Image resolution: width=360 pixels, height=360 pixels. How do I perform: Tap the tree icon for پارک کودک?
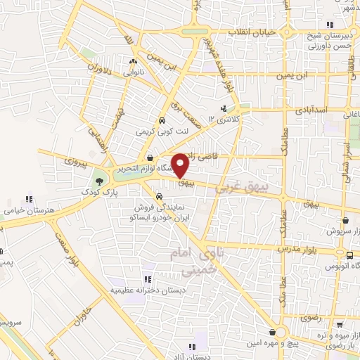click(x=99, y=181)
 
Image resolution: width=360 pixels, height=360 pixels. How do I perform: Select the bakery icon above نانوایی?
click(x=133, y=62)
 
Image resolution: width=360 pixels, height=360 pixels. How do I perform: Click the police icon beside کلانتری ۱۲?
click(x=224, y=108)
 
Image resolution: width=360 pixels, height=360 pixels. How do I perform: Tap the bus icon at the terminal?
click(x=349, y=255)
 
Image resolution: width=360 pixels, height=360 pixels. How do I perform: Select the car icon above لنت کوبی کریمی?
click(x=162, y=120)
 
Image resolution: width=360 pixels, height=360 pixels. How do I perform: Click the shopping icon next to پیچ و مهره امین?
click(x=271, y=332)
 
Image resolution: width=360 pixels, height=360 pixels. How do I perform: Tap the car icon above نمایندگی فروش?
click(x=163, y=195)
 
